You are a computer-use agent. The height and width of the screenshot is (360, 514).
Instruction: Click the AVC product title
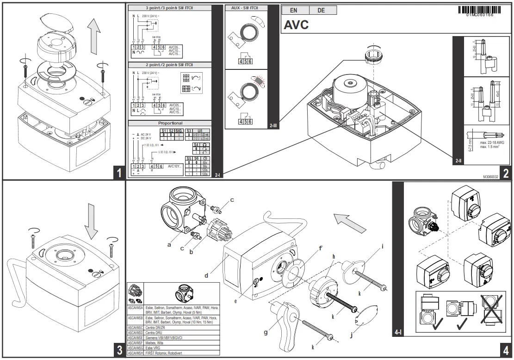click(296, 25)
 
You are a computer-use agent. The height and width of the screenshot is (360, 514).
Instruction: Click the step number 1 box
click(119, 173)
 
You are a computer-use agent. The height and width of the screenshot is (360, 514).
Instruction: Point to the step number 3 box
click(119, 350)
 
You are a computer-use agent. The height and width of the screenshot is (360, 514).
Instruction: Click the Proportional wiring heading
click(170, 124)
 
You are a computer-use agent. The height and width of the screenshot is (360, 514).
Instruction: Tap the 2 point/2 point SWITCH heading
click(169, 65)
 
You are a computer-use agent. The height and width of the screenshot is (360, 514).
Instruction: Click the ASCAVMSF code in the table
click(135, 343)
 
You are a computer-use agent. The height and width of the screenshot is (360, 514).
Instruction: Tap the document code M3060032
click(493, 176)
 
